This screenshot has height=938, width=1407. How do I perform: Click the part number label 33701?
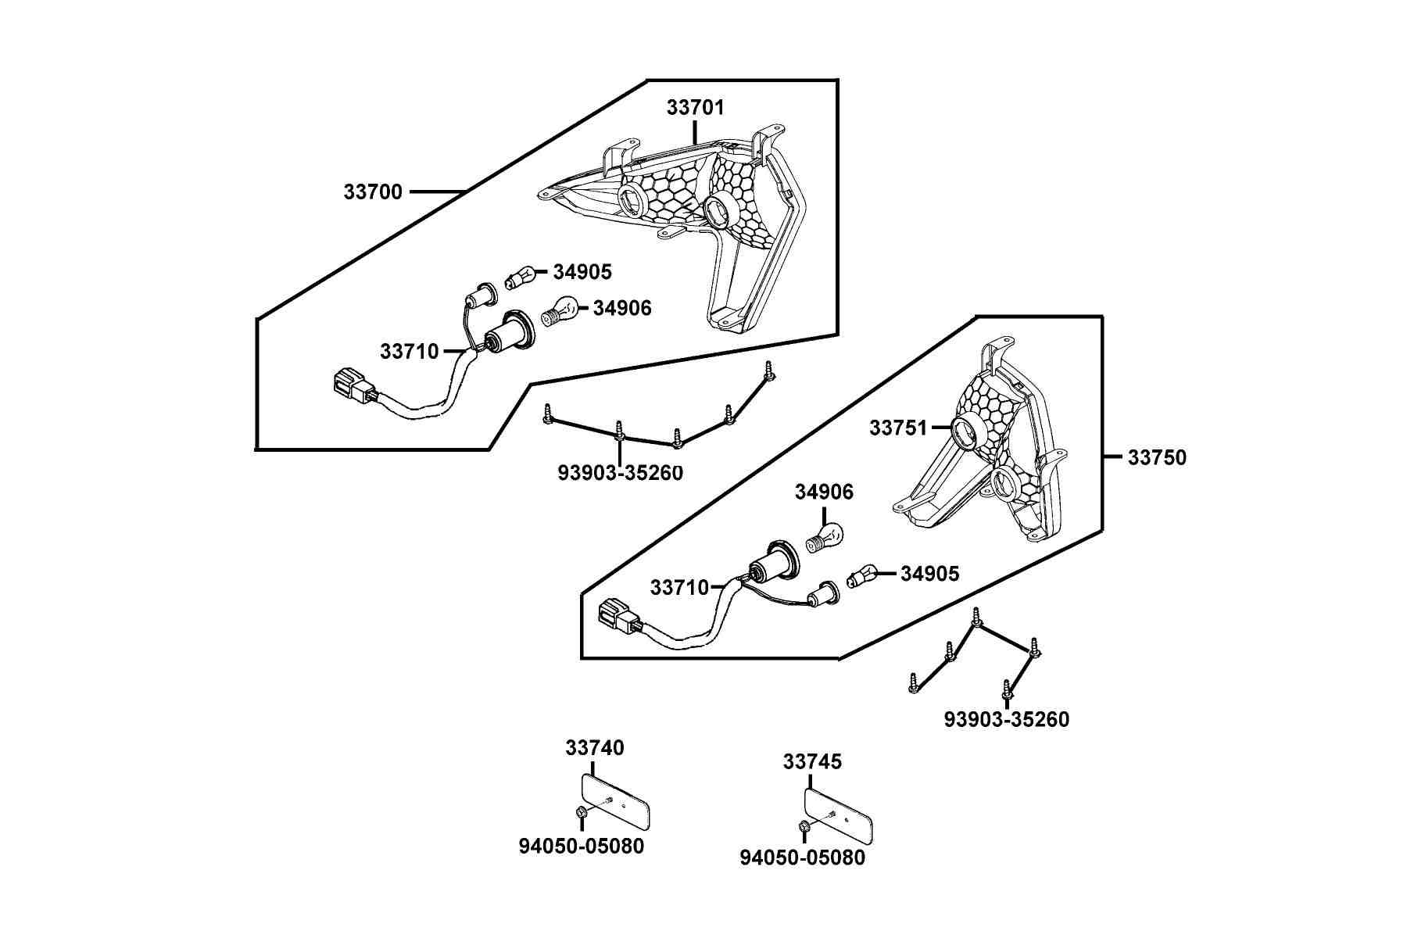(x=695, y=107)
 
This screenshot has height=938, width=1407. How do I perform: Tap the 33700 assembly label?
(x=373, y=192)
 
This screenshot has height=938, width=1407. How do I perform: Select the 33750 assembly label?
(x=1157, y=457)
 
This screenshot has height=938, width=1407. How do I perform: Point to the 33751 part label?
(x=898, y=428)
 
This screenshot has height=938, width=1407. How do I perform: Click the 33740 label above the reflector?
(x=595, y=748)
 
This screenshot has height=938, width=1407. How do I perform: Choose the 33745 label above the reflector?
(x=812, y=761)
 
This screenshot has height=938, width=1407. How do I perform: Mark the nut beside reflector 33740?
(x=582, y=814)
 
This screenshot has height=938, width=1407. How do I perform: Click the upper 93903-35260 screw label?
(x=621, y=473)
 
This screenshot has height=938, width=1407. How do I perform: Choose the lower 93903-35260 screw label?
(x=1007, y=719)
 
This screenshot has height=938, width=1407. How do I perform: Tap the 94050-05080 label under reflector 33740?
(x=582, y=846)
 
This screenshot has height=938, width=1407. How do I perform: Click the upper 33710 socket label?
(x=410, y=352)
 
